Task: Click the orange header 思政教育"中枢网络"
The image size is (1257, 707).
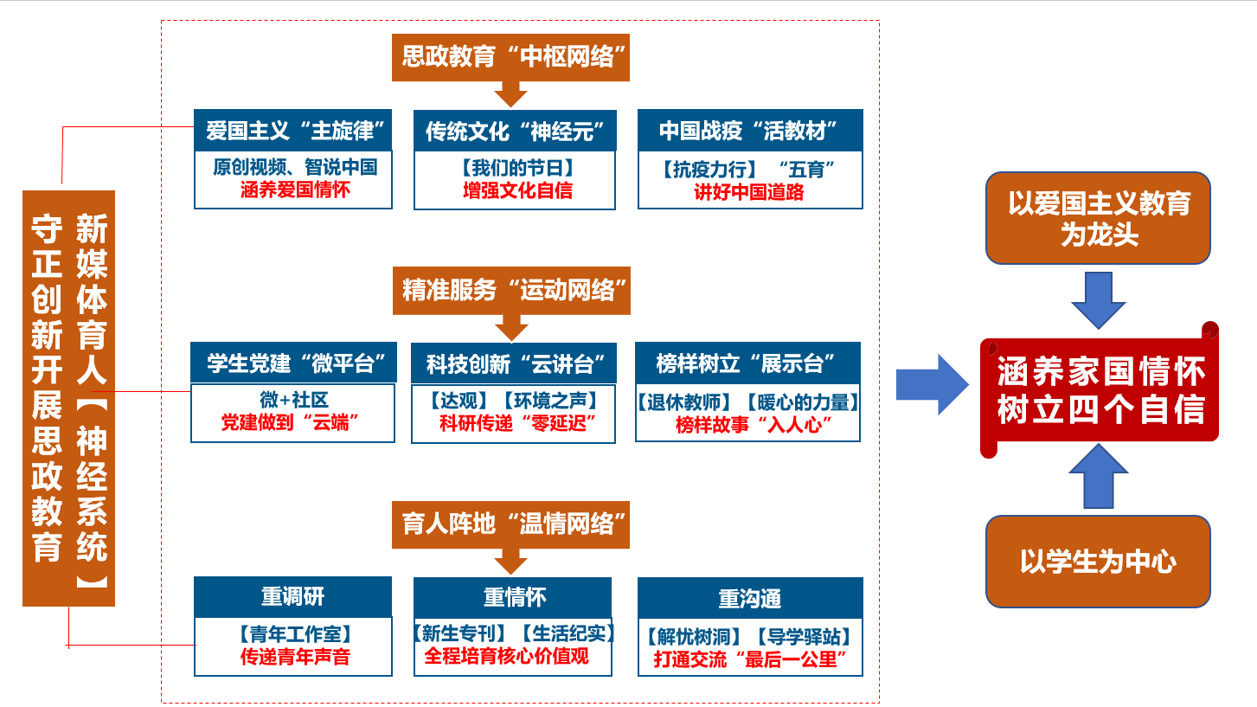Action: (x=510, y=58)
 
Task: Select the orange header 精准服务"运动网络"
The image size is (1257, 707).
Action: (x=510, y=291)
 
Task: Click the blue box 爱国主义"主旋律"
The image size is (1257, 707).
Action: (x=293, y=132)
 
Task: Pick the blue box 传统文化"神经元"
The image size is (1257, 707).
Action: (x=515, y=132)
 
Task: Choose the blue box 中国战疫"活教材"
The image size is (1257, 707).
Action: (x=750, y=132)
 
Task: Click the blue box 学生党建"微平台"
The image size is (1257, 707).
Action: (x=292, y=363)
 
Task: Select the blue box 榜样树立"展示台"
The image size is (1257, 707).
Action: (x=748, y=363)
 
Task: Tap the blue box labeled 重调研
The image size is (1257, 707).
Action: (x=292, y=597)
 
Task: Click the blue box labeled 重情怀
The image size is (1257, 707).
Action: (x=514, y=597)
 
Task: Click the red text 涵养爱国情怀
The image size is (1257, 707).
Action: (x=294, y=190)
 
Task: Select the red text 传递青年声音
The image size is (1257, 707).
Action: (x=294, y=657)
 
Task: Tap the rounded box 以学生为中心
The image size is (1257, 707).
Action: (x=1098, y=562)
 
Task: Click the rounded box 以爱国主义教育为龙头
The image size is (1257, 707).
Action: (x=1098, y=218)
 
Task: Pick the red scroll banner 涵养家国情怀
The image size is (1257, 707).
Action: (x=1100, y=392)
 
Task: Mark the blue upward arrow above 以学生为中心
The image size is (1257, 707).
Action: (x=1099, y=477)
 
